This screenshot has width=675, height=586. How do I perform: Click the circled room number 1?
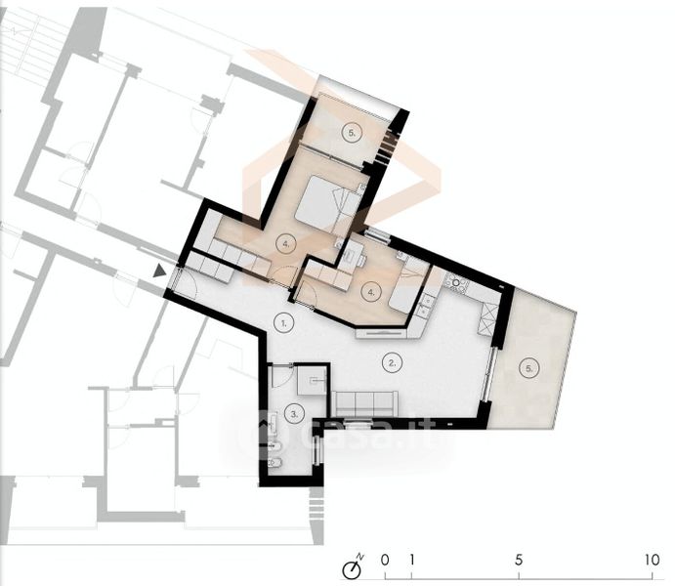(x=283, y=322)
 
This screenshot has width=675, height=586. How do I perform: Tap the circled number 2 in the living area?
(x=392, y=362)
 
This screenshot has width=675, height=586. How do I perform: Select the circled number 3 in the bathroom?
(x=294, y=414)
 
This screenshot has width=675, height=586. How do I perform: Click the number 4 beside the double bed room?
(x=286, y=244)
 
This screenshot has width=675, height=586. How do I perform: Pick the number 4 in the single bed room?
(x=371, y=292)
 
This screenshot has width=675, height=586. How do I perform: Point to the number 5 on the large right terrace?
(x=529, y=368)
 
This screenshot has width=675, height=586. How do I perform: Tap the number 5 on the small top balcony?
(x=352, y=133)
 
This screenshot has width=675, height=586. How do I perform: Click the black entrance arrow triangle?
(x=159, y=271)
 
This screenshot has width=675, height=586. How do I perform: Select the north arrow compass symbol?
(x=353, y=567)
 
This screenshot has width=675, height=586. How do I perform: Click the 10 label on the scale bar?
(x=653, y=560)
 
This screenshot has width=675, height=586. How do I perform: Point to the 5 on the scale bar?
(x=519, y=560)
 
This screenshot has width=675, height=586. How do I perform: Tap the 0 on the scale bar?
(x=385, y=560)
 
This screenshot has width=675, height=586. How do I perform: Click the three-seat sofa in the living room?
(x=364, y=403)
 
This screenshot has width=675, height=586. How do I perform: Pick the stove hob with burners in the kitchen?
(x=456, y=281)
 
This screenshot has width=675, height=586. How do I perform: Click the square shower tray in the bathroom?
(x=312, y=381)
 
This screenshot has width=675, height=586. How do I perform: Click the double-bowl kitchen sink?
(x=425, y=304)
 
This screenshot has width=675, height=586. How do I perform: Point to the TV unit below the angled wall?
(x=381, y=333)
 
